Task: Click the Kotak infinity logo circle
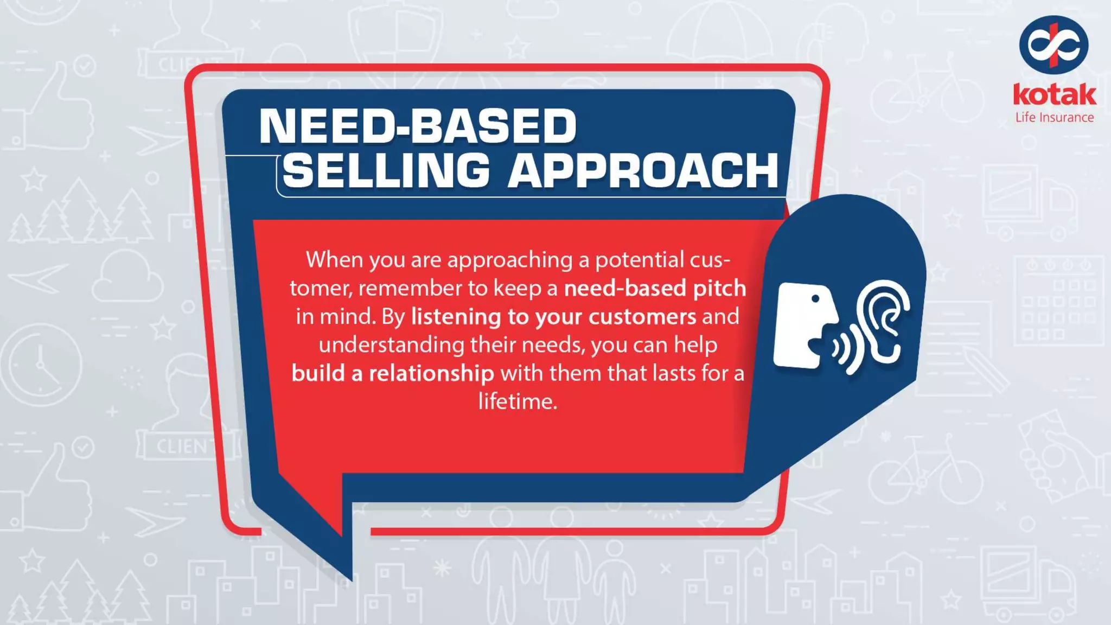[x=1053, y=45]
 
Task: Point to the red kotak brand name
[x=1054, y=95]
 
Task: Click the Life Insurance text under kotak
[x=1054, y=118]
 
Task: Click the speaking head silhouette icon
[x=803, y=326]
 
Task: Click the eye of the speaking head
[x=815, y=298]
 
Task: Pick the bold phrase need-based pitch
[x=655, y=288]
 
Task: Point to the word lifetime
[x=517, y=401]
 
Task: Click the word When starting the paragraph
[x=334, y=260]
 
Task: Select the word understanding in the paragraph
[x=391, y=345]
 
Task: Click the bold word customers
[x=642, y=317]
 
